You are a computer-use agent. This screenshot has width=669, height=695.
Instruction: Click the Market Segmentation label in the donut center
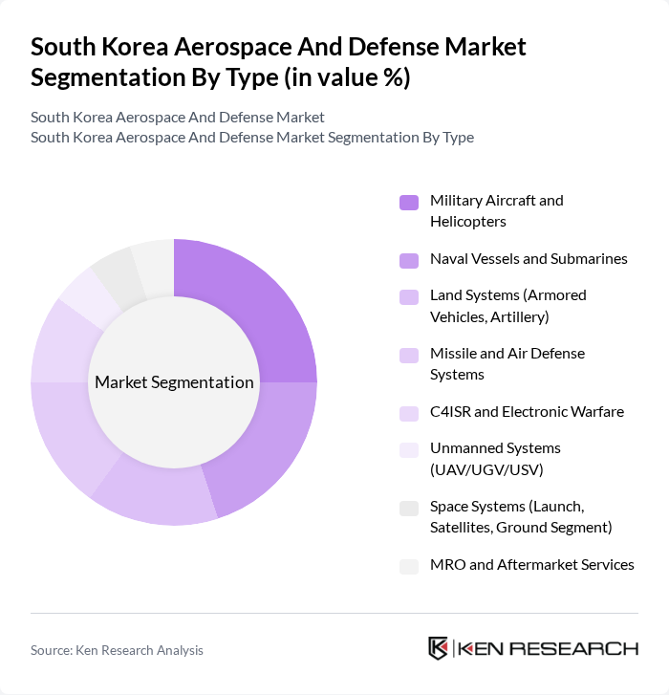pyautogui.click(x=174, y=382)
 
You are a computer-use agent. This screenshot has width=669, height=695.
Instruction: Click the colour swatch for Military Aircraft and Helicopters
pyautogui.click(x=409, y=202)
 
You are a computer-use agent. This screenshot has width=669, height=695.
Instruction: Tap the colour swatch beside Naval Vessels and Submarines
pyautogui.click(x=409, y=259)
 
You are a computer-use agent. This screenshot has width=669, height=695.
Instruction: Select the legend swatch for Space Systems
pyautogui.click(x=409, y=508)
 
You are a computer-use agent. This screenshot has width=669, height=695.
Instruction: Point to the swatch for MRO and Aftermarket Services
pyautogui.click(x=409, y=565)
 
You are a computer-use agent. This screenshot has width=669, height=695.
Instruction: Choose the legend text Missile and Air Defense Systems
pyautogui.click(x=507, y=363)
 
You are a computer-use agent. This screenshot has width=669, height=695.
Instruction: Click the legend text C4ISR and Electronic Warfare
pyautogui.click(x=527, y=412)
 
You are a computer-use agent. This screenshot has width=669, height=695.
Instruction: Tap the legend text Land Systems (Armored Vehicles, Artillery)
pyautogui.click(x=507, y=305)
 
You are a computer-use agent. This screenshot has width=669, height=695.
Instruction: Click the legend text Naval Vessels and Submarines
pyautogui.click(x=529, y=259)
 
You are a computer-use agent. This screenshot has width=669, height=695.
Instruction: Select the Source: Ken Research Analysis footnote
pyautogui.click(x=117, y=650)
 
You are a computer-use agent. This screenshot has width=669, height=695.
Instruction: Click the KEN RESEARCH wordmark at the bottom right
pyautogui.click(x=548, y=648)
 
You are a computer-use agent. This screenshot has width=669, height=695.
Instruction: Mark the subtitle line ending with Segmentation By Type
pyautogui.click(x=252, y=137)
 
